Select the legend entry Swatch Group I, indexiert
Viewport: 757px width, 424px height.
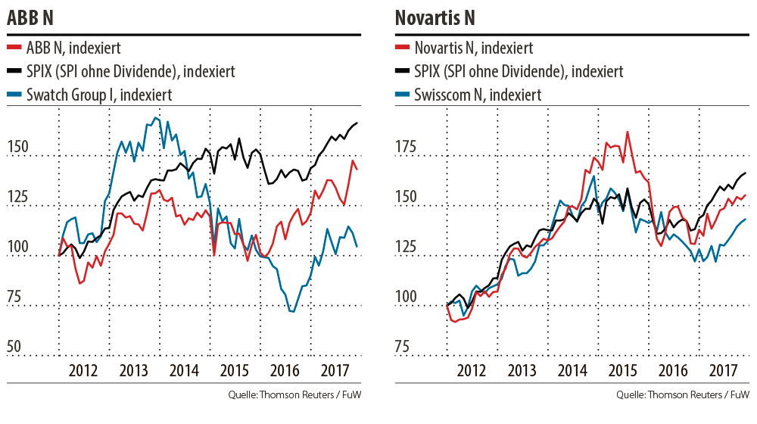(x=98, y=95)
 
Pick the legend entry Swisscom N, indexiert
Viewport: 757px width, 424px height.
(x=478, y=95)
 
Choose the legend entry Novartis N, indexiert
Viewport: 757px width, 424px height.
(x=474, y=48)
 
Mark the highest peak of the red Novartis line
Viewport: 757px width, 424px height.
(x=627, y=132)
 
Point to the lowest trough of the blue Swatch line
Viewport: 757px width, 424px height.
(x=292, y=311)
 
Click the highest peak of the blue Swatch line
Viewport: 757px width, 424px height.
(x=155, y=117)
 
